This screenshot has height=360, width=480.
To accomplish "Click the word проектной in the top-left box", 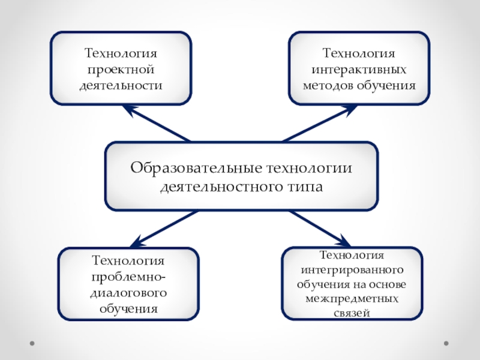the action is click(x=121, y=70).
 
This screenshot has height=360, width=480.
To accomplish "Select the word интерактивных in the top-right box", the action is click(x=359, y=70).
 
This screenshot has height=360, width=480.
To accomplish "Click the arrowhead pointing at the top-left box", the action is click(x=128, y=109).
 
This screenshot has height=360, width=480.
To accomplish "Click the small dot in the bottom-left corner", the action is click(x=31, y=344).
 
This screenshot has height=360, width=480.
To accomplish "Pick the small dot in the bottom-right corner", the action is click(x=446, y=344).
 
